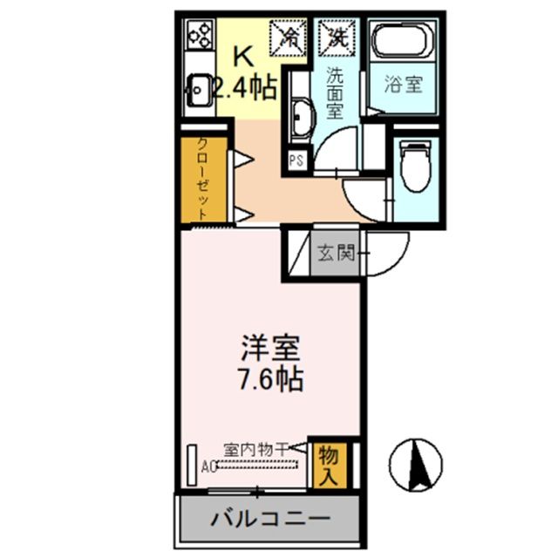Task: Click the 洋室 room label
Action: tap(271, 350)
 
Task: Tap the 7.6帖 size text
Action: tap(271, 380)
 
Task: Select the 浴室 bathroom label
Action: tap(404, 85)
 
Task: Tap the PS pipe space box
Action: tap(296, 160)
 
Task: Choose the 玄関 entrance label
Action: tap(336, 254)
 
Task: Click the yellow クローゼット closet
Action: tap(202, 179)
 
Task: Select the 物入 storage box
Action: tap(328, 464)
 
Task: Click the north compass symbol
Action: tap(417, 463)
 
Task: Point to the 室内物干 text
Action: tap(256, 450)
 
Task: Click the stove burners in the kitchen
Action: tap(199, 37)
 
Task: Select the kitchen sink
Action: tap(197, 88)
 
